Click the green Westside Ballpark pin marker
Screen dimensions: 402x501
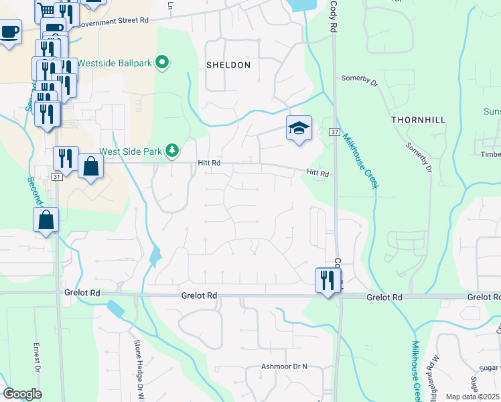(x=162, y=64)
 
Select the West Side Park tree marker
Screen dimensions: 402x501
(x=172, y=151)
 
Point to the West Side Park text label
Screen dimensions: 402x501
(x=131, y=151)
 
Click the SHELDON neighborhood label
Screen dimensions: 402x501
(x=228, y=66)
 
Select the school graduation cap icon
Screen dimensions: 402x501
(x=299, y=129)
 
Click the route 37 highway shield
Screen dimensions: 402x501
(x=334, y=133)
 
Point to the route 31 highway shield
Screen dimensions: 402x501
(x=57, y=177)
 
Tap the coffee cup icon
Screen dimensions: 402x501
(x=9, y=31)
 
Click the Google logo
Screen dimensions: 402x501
(x=22, y=394)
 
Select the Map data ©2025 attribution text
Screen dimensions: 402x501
(x=472, y=397)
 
